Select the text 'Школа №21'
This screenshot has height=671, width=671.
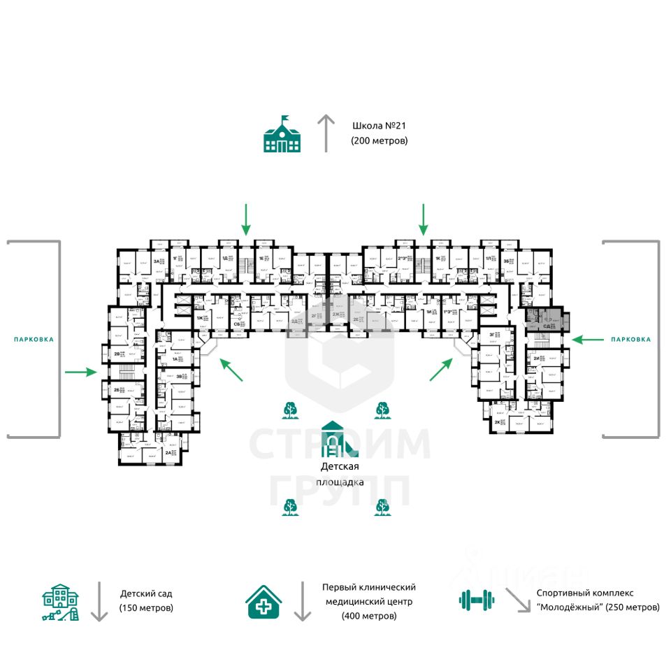pyautogui.click(x=380, y=127)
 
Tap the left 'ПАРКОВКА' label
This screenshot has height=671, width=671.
pyautogui.click(x=34, y=339)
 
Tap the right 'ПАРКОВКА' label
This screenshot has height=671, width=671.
pyautogui.click(x=630, y=339)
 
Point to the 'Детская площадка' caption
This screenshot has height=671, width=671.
pyautogui.click(x=340, y=474)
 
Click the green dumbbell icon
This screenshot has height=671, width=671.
pyautogui.click(x=477, y=600)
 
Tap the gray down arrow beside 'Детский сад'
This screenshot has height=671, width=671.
pyautogui.click(x=99, y=601)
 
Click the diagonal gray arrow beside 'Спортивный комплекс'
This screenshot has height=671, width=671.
pyautogui.click(x=518, y=600)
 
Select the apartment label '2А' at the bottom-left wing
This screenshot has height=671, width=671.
pyautogui.click(x=168, y=453)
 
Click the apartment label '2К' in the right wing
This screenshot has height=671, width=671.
pyautogui.click(x=498, y=423)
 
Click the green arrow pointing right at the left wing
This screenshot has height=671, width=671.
pyautogui.click(x=80, y=372)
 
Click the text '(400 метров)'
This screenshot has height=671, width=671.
pyautogui.click(x=368, y=616)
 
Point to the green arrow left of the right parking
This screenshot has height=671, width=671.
pyautogui.click(x=587, y=340)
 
